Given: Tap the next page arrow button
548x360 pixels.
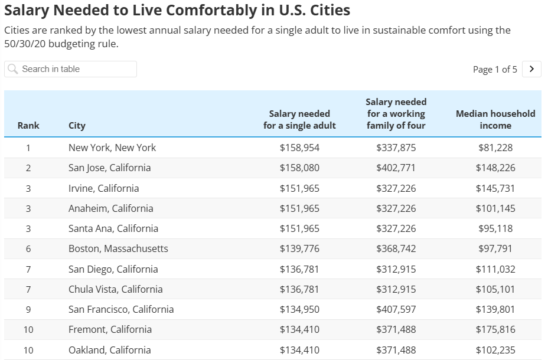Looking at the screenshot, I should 532,69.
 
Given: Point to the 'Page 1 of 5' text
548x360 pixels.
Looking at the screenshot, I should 495,70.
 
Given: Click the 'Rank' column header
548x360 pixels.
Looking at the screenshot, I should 28,125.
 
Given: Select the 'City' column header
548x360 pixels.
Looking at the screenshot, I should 77,125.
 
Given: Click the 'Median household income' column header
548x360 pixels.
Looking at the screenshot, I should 495,119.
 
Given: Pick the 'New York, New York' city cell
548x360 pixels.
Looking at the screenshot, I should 112,148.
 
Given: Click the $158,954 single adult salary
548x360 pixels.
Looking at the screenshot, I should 299,148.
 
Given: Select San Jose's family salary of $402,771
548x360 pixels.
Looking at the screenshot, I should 396,168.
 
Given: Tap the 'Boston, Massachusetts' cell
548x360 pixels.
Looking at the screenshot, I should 118,248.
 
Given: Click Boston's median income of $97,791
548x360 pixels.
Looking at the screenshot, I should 495,248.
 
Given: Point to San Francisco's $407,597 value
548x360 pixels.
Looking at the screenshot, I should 396,309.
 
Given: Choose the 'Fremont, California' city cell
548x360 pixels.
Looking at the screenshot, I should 110,329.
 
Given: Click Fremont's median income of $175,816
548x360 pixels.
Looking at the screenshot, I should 495,329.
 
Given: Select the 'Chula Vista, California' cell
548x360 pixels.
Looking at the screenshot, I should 115,289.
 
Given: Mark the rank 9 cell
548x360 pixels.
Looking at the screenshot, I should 28,309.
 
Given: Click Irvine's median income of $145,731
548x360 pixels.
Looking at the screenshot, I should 495,188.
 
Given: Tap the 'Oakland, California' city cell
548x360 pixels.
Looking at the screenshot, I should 110,350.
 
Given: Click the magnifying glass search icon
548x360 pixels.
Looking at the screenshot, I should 13,69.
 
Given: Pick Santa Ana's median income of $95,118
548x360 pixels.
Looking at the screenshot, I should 495,228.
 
